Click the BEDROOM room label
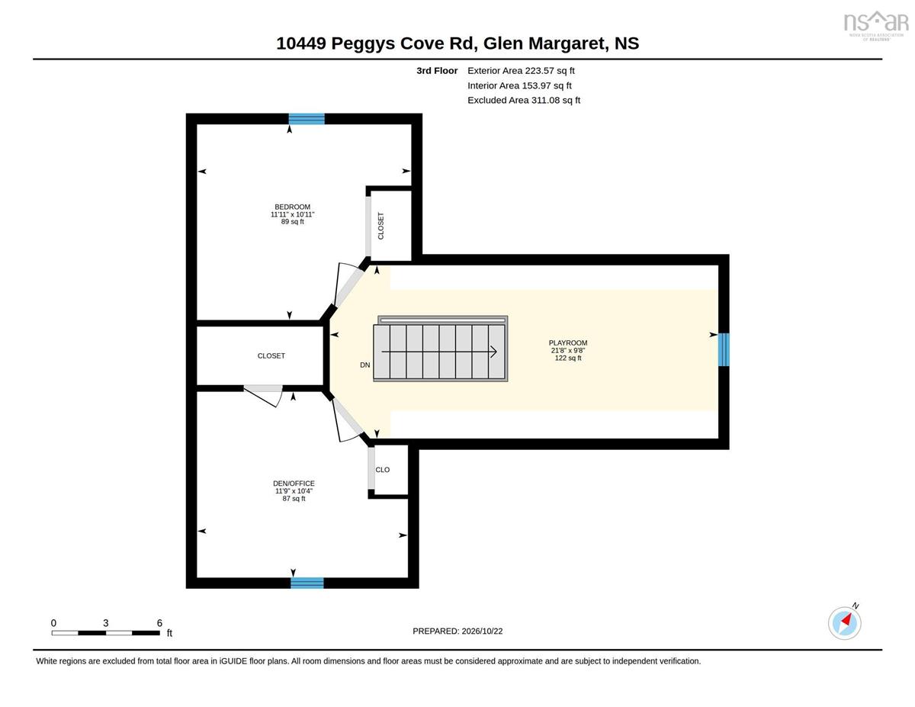pos(292,207)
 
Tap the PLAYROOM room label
pos(567,343)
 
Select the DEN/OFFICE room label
pos(294,484)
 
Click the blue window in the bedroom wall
pos(307,119)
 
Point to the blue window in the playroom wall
pos(724,349)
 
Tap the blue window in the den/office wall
pos(307,583)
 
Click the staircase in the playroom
pos(441,349)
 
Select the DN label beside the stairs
pos(364,365)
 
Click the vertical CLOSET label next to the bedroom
pos(380,226)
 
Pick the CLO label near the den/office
pos(382,470)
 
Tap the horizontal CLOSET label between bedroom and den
pos(271,356)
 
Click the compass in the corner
pos(844,623)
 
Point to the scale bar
pos(106,633)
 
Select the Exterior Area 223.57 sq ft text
pos(521,71)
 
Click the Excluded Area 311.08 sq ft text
pos(524,100)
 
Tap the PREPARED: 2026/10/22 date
pos(457,631)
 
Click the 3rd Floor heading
pos(437,71)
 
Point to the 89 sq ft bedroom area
pos(292,222)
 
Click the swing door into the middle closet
pos(263,395)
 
